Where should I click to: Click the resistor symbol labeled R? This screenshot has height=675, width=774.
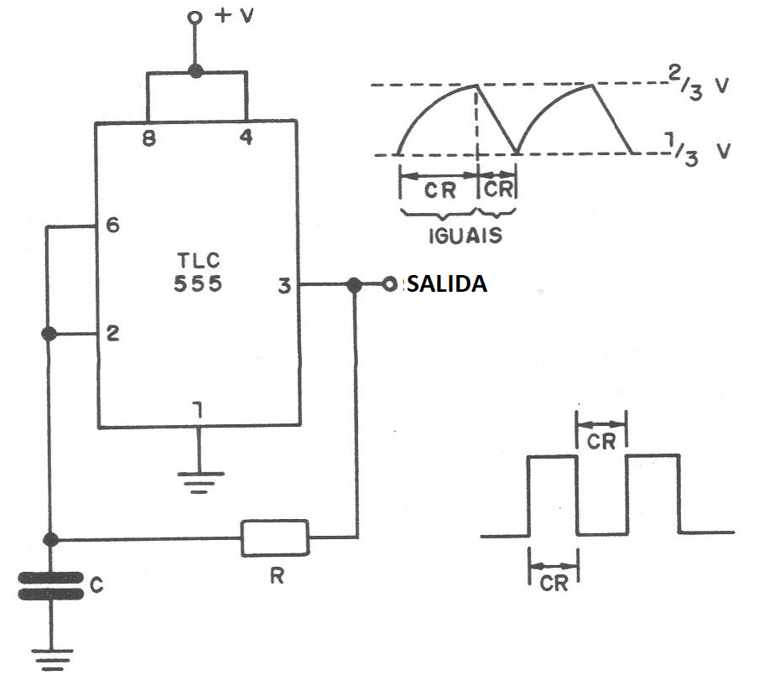[x=275, y=537]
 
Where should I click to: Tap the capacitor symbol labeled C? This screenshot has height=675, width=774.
[x=50, y=586]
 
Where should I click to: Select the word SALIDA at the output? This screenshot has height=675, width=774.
[x=446, y=284]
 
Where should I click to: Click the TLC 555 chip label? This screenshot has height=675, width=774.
[x=197, y=271]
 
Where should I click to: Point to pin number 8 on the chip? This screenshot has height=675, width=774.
[x=148, y=138]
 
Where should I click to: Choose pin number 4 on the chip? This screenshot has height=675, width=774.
[x=246, y=138]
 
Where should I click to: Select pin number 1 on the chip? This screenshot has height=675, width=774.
[x=198, y=410]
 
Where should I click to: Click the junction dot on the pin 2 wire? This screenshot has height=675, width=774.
[x=50, y=334]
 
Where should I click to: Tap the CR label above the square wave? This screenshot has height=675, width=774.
[x=601, y=440]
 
